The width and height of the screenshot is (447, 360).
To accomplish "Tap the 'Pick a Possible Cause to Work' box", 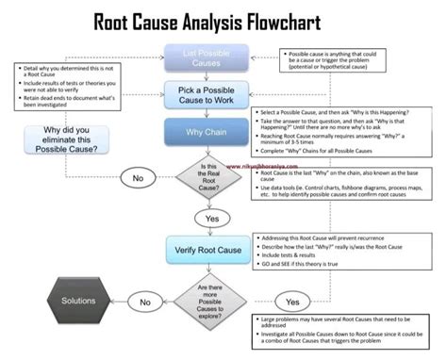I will pos(206,94).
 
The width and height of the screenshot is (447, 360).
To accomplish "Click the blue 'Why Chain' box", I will pos(206,133).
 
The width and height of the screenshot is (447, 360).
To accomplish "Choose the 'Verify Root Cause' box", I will pos(206,249).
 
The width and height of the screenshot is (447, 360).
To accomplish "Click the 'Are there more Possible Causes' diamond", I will pos(206,301).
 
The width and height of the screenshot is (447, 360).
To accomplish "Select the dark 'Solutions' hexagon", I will pos(77,301).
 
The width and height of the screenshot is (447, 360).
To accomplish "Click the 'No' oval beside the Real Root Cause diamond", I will pos(138,177).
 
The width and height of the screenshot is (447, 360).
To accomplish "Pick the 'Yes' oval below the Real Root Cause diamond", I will pos(205,218).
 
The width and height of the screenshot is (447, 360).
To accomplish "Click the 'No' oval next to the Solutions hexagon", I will pos(145,302).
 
